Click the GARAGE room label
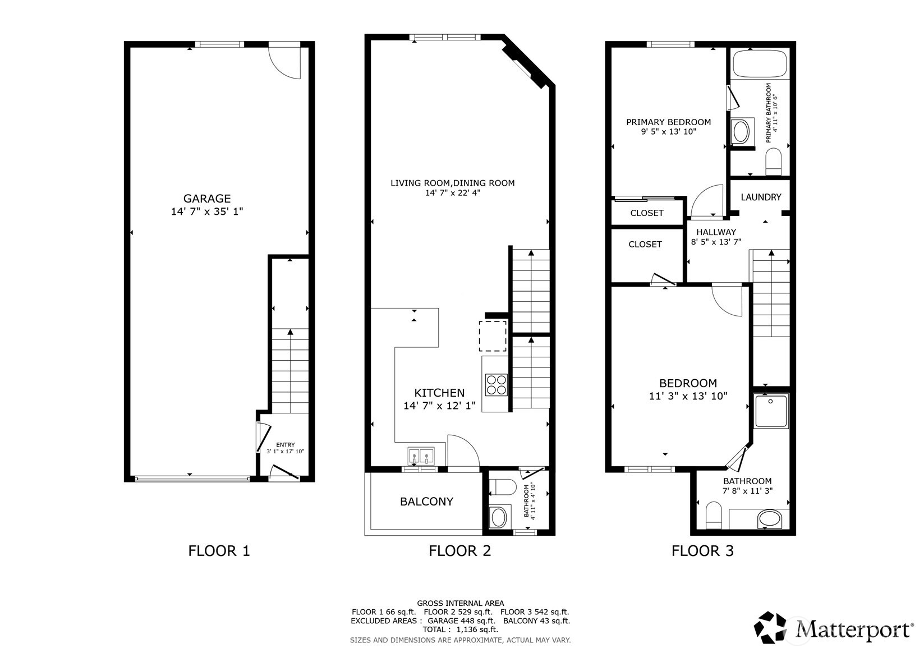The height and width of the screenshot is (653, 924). (x=207, y=199)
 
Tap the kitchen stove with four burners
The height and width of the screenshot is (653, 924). (x=497, y=385)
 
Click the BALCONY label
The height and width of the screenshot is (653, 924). (x=426, y=502)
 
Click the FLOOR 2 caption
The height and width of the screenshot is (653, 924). (x=459, y=551)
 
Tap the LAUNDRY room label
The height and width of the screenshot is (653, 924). (x=761, y=197)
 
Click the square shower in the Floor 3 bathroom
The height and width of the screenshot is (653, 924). (x=771, y=410)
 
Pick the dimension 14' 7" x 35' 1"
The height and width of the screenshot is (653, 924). (x=207, y=212)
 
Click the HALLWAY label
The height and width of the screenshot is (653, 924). (x=716, y=232)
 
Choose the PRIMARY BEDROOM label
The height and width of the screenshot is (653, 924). (x=668, y=122)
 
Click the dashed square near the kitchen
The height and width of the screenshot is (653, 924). (x=493, y=336)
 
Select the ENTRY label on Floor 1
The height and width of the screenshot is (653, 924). (x=285, y=445)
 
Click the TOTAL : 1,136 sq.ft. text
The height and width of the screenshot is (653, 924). (x=460, y=629)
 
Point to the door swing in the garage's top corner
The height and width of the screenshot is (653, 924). (x=287, y=61)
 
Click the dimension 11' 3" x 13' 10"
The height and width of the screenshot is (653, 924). (x=688, y=396)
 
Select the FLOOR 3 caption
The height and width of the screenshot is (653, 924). (x=702, y=551)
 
